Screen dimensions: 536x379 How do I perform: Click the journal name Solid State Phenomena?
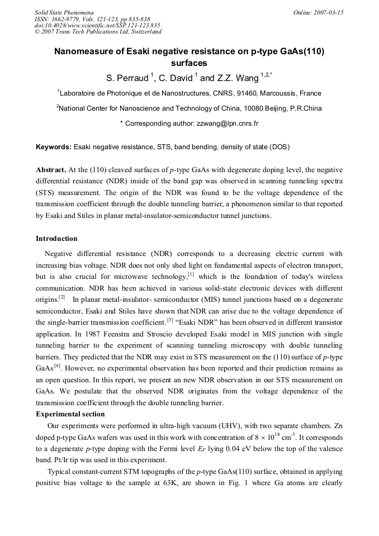[x=64, y=12]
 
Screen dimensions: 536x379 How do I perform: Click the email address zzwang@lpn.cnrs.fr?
[x=228, y=123]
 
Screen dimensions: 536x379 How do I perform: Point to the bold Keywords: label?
[x=54, y=147]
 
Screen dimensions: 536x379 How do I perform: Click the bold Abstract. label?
[x=51, y=169]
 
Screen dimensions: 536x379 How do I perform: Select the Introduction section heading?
[x=56, y=239]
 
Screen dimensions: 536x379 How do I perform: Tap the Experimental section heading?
[x=70, y=414]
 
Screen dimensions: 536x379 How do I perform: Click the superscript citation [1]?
[x=191, y=274]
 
